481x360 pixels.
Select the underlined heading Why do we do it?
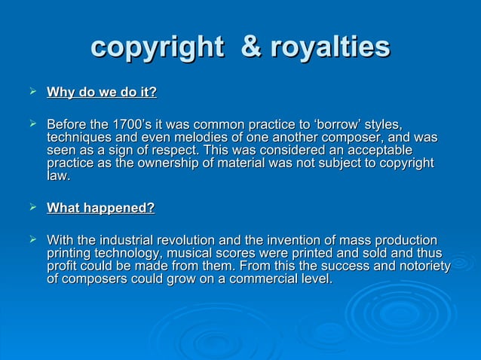tap(102, 93)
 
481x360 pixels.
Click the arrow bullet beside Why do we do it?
tap(32, 93)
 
